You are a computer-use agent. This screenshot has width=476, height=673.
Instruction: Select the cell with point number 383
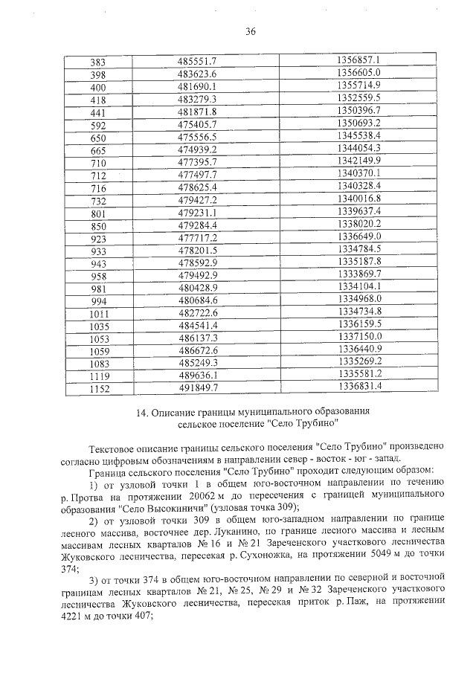[x=97, y=60]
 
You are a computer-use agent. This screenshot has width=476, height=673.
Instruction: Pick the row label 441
[x=97, y=111]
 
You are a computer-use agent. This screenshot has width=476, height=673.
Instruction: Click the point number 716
[x=97, y=187]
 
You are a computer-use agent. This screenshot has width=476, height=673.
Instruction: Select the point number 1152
[x=97, y=388]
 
